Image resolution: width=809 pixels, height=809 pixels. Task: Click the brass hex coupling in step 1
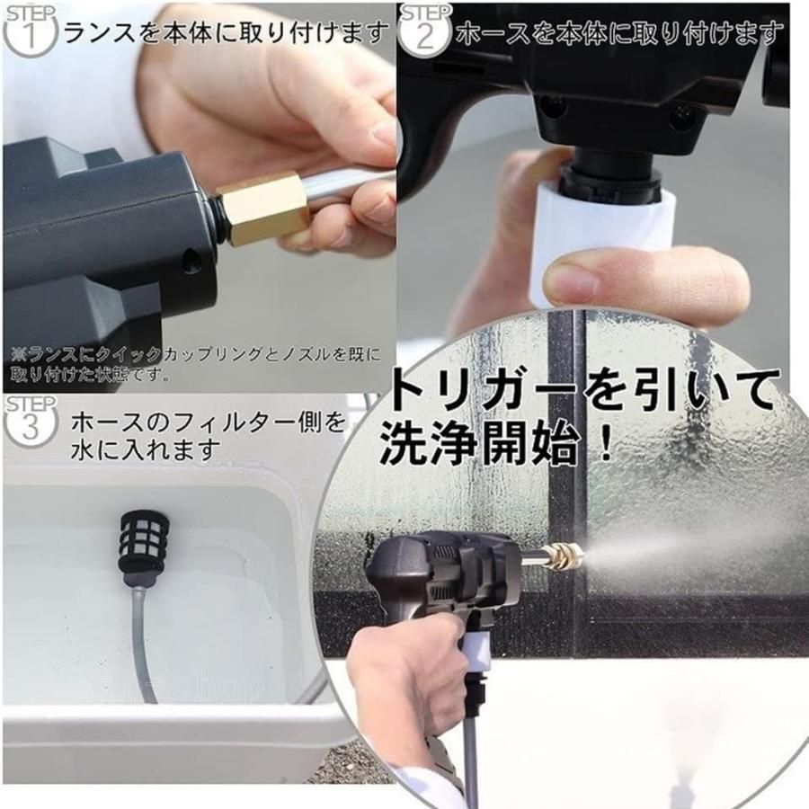pyautogui.click(x=263, y=208)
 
